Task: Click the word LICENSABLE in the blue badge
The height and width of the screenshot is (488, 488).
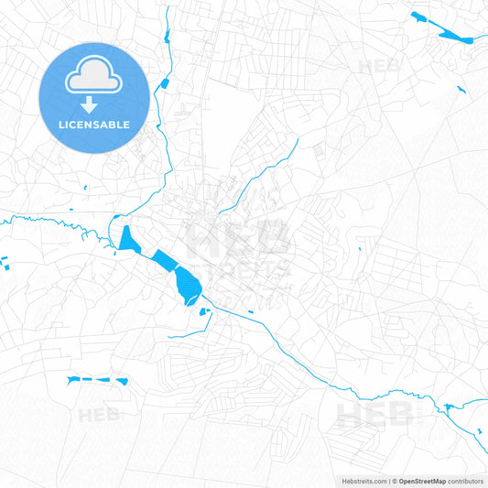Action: (x=94, y=124)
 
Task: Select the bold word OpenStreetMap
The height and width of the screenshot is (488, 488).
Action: (x=422, y=481)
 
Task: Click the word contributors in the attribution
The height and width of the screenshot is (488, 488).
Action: (x=466, y=481)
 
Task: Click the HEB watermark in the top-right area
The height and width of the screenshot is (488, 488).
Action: (x=380, y=66)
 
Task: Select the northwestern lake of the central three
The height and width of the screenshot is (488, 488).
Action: (x=128, y=239)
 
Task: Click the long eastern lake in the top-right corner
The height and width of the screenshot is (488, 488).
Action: (x=453, y=37)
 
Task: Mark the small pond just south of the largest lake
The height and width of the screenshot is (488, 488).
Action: (x=204, y=311)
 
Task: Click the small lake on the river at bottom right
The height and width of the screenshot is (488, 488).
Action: (x=449, y=407)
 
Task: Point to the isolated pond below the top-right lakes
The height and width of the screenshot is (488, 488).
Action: (x=460, y=89)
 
